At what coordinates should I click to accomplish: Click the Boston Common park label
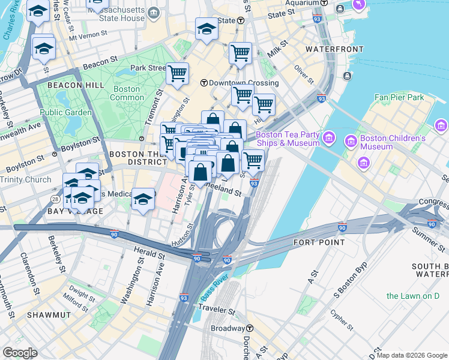click(127, 93)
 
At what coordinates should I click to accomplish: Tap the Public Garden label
click(66, 112)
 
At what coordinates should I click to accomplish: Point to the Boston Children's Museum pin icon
click(350, 142)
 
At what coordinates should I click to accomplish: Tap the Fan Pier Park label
click(399, 97)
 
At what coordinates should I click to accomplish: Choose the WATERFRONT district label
click(334, 49)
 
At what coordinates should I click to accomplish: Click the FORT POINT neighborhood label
click(319, 242)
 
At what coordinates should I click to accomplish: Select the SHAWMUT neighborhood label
click(49, 314)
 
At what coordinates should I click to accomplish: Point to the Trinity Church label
click(26, 180)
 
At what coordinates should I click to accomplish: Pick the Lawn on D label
click(413, 296)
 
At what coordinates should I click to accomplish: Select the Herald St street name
click(149, 254)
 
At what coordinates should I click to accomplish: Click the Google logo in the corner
click(20, 353)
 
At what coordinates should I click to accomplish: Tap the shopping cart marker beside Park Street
click(177, 74)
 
